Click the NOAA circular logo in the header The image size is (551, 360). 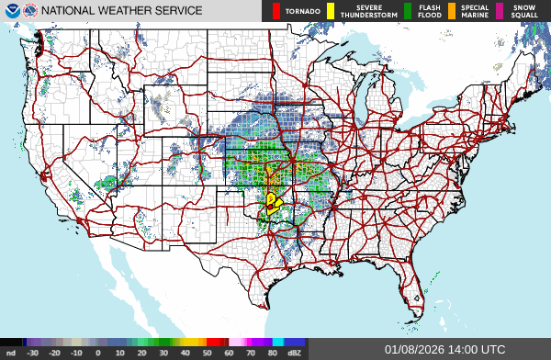[10, 11]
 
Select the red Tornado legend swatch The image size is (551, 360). [276, 11]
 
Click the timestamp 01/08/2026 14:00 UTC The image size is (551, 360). [444, 350]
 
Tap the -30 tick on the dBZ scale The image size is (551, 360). [33, 353]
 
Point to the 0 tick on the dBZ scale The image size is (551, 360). [98, 353]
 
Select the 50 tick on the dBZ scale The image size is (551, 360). [208, 353]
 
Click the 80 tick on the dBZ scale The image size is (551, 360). [273, 353]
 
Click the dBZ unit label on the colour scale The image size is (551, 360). [296, 353]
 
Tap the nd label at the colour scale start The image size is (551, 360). [10, 353]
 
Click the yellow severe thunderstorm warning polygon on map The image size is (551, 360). [272, 203]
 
